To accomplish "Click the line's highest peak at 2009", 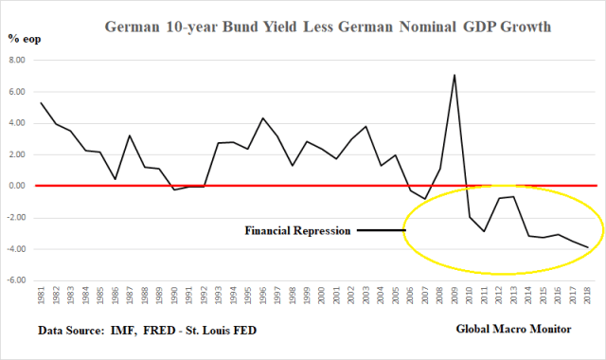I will click(x=454, y=75).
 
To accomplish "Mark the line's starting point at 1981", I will click(x=41, y=102).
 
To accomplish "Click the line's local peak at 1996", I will click(x=262, y=118).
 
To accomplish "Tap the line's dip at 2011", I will click(x=485, y=231).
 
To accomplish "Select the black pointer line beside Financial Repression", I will click(x=381, y=230).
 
